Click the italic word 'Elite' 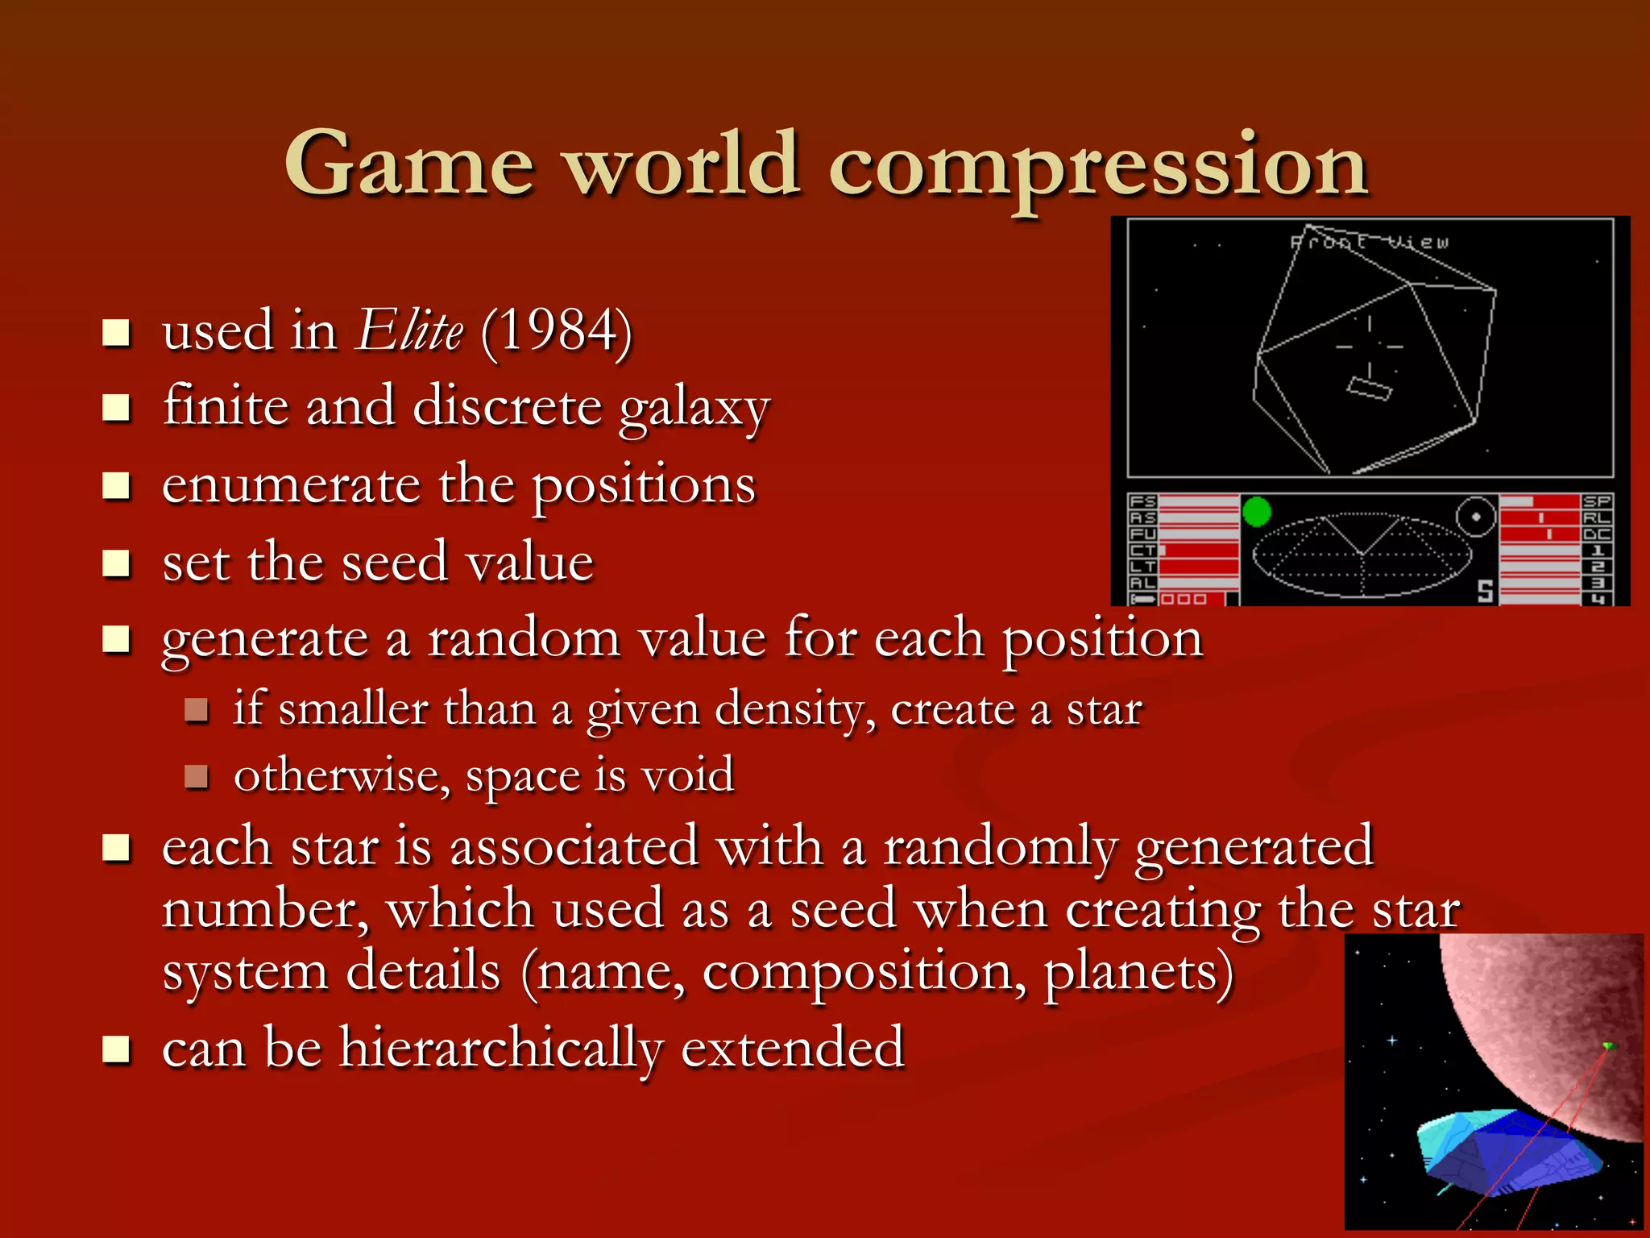[410, 330]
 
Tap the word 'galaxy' [694, 408]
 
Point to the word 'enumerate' [291, 485]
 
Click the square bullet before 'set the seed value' [117, 563]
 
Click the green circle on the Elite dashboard [1256, 512]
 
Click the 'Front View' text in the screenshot [1370, 242]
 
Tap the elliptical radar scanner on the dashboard [1362, 555]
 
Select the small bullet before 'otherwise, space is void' [196, 776]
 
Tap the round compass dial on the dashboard [1476, 517]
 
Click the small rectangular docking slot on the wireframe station [1370, 388]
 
